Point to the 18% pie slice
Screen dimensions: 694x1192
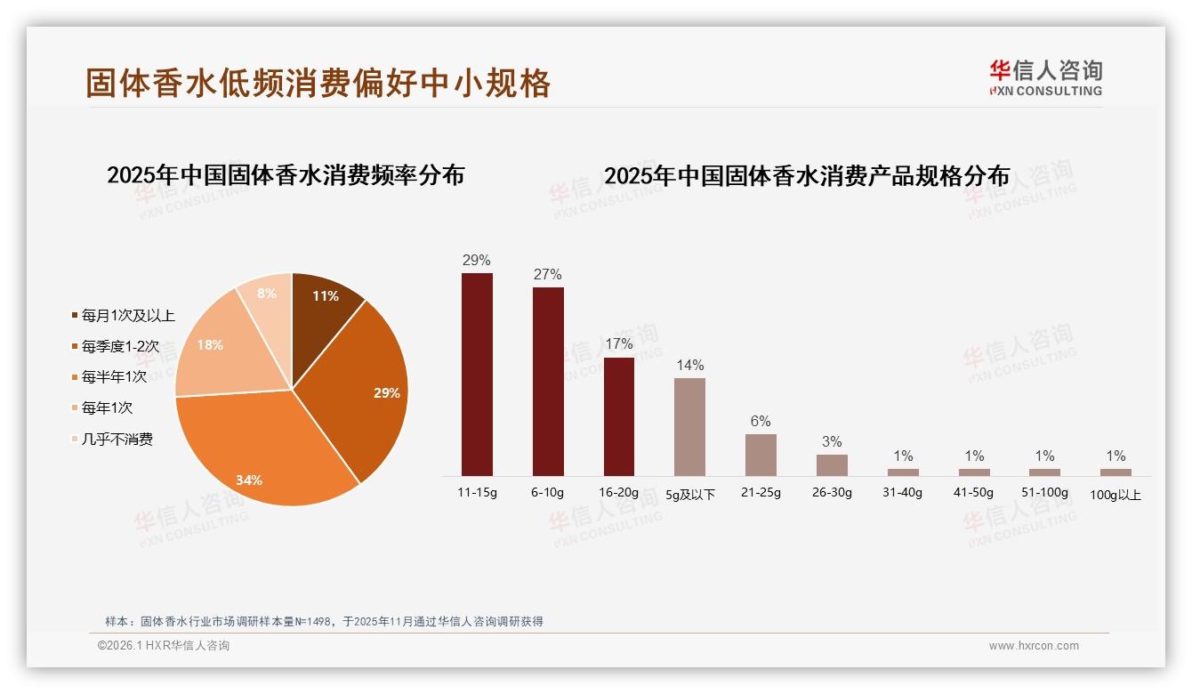[213, 351]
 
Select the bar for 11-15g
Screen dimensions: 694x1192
[477, 374]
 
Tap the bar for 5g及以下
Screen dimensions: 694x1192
[689, 427]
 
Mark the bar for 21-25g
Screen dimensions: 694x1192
[761, 455]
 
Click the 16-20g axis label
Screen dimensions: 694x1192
[619, 492]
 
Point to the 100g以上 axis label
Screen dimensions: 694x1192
[1115, 495]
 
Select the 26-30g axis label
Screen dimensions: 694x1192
[832, 492]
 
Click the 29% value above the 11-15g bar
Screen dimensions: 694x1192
[477, 261]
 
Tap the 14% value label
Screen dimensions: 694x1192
[689, 365]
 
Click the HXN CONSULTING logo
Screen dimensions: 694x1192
[1045, 78]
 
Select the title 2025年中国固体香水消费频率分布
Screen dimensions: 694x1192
[286, 175]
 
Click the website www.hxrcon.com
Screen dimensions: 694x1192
[1034, 646]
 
